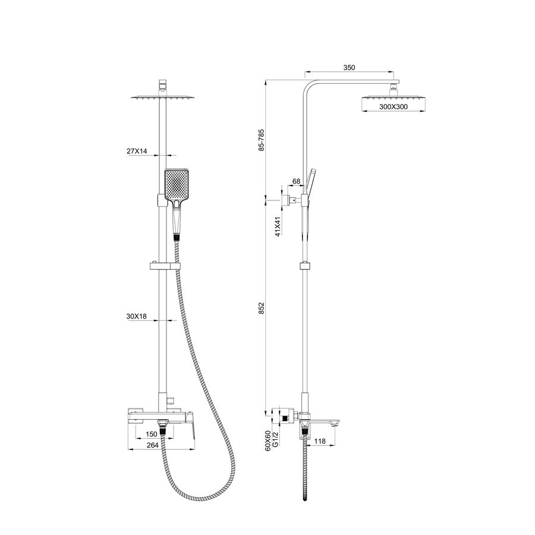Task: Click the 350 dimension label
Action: click(349, 68)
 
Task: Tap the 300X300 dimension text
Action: click(394, 107)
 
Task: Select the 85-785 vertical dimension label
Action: click(262, 140)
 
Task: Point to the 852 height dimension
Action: click(262, 308)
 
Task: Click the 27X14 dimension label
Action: click(137, 151)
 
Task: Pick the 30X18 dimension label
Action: click(137, 316)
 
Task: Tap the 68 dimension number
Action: click(297, 181)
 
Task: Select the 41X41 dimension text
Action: click(278, 226)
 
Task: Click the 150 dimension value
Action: click(151, 434)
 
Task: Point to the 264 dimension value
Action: click(152, 445)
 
